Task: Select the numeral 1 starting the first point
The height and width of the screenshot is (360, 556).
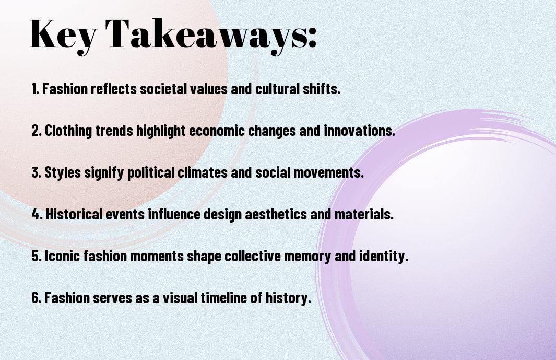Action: [x=34, y=89]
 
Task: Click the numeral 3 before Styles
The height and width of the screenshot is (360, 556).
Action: [x=35, y=173]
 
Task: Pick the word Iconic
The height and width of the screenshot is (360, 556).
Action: [x=60, y=256]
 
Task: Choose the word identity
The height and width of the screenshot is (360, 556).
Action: [x=384, y=256]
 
